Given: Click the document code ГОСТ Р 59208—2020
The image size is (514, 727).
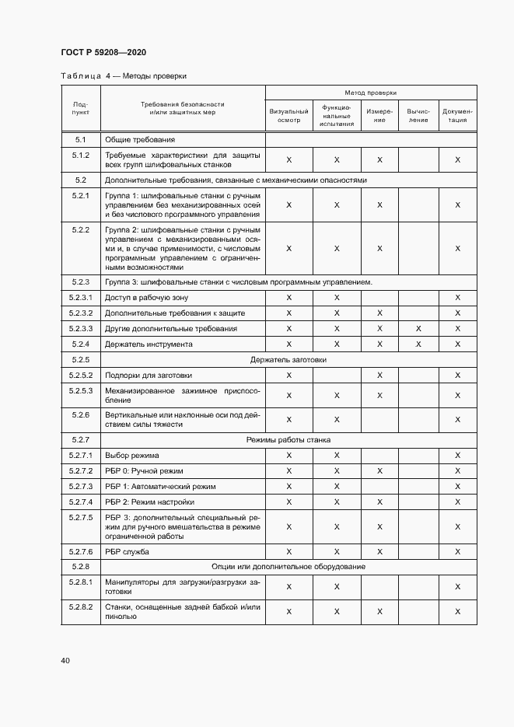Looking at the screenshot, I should [x=103, y=52].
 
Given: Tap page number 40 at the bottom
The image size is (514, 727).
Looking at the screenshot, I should [x=65, y=660].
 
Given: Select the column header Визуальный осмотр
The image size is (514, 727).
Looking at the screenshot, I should [x=288, y=115].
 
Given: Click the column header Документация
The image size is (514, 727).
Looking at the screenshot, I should [x=457, y=115].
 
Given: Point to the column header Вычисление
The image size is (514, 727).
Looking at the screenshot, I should [x=418, y=115].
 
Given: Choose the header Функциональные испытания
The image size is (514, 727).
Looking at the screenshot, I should [x=337, y=115].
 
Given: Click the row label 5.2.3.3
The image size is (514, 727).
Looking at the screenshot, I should [x=81, y=329].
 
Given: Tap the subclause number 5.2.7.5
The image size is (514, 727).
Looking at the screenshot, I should [x=81, y=517].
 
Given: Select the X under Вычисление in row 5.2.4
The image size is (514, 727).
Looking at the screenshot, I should [x=418, y=344].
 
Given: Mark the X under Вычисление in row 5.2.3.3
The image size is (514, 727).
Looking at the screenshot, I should [x=418, y=329].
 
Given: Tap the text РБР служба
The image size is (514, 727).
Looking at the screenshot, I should [x=127, y=552].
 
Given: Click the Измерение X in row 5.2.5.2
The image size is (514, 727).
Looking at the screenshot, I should [x=379, y=376].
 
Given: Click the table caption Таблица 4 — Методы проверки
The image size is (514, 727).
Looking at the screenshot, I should [x=123, y=76].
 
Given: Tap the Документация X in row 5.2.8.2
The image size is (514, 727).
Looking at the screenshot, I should [x=457, y=612].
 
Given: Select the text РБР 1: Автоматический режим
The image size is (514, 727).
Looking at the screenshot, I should [x=155, y=487].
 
